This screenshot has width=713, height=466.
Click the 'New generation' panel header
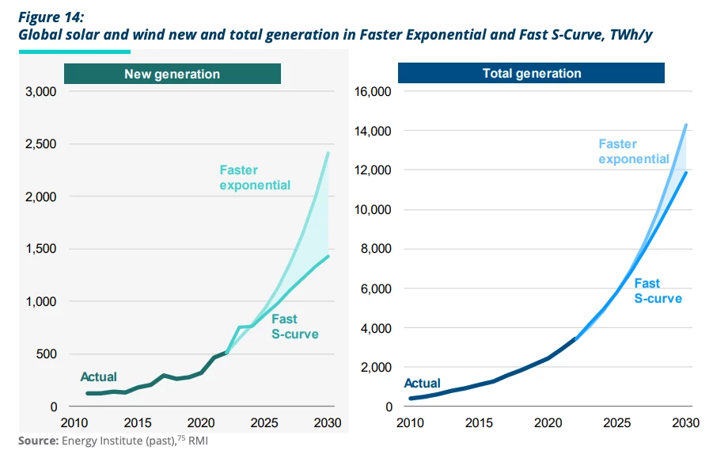tap(172, 74)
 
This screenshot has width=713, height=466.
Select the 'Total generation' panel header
tap(531, 74)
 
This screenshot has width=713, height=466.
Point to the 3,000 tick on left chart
tap(41, 92)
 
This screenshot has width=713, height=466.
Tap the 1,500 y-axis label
tap(41, 249)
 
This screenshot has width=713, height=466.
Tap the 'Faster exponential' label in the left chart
tap(255, 178)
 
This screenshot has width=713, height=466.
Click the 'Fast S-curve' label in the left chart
tap(294, 326)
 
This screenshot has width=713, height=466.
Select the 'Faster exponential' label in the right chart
tap(633, 151)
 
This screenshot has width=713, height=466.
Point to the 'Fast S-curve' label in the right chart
tap(657, 291)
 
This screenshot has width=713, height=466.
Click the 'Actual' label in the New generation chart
tap(98, 376)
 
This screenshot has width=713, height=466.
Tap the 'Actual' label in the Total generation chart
tap(422, 383)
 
